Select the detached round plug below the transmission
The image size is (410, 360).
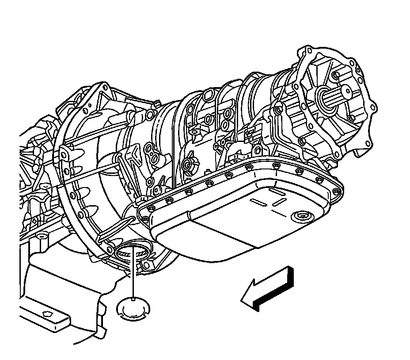click(133, 308)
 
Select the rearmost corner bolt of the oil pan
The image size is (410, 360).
click(337, 191)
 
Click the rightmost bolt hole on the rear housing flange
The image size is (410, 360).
click(375, 107)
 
